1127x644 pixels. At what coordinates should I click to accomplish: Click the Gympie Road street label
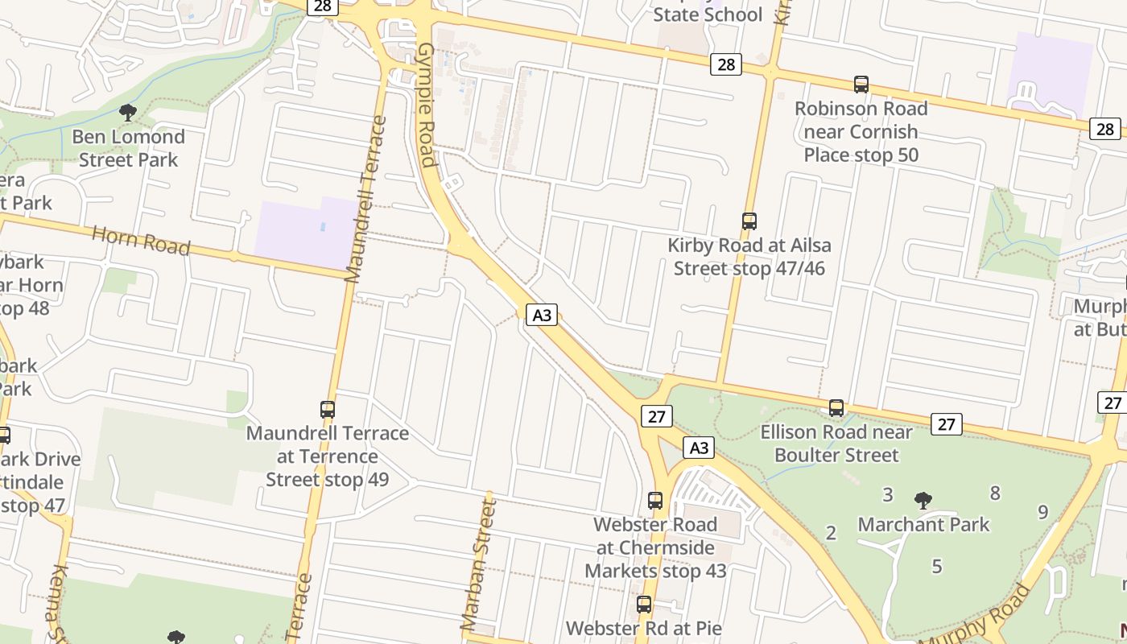[x=427, y=105]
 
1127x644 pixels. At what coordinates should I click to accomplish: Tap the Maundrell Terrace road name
[x=365, y=200]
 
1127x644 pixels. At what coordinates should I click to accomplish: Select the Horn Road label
[x=141, y=240]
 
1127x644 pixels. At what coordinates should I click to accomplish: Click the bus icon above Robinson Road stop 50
[x=861, y=85]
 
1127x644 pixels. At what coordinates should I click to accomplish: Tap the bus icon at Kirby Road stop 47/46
[x=749, y=221]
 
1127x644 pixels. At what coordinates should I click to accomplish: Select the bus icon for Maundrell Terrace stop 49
[x=327, y=409]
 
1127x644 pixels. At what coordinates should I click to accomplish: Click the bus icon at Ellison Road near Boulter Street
[x=836, y=408]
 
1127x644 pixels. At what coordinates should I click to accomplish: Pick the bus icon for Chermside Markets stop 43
[x=655, y=500]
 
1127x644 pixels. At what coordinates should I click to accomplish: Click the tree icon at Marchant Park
[x=923, y=500]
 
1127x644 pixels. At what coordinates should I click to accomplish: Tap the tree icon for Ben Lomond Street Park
[x=127, y=112]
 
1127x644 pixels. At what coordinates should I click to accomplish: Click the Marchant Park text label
[x=923, y=525]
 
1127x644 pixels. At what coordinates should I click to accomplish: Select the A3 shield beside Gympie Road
[x=543, y=315]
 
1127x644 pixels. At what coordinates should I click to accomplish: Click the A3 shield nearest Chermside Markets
[x=699, y=448]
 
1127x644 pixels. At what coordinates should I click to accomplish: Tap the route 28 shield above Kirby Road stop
[x=725, y=64]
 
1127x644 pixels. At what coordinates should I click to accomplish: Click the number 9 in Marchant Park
[x=1042, y=512]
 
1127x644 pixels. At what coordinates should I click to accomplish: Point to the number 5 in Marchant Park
[x=936, y=567]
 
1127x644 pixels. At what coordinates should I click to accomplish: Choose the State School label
[x=707, y=14]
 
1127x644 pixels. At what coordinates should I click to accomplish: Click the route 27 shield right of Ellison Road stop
[x=946, y=423]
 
